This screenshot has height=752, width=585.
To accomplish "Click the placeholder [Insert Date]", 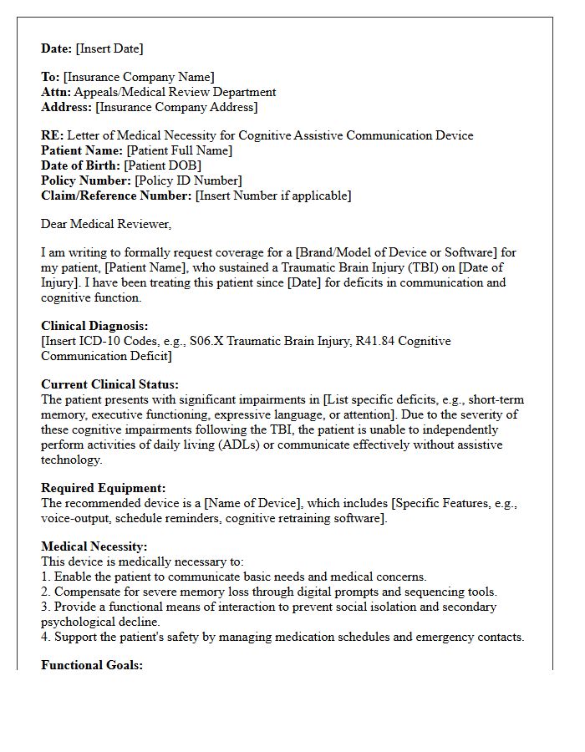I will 108,48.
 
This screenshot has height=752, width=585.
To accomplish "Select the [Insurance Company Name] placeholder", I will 139,78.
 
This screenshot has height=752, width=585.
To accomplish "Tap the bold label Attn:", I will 56,93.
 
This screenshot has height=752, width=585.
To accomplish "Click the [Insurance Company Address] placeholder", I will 176,108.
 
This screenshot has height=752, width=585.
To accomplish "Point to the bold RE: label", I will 52,135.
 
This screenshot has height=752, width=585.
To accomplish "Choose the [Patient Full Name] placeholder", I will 179,150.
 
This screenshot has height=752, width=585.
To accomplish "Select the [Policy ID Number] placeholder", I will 188,180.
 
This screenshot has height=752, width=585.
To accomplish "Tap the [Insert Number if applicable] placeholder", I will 273,196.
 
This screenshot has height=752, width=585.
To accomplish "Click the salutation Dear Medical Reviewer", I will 106,224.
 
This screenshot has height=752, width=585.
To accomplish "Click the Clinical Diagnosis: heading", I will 94,326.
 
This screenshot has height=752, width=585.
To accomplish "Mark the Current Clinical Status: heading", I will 109,384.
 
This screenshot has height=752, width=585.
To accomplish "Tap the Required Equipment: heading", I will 104,488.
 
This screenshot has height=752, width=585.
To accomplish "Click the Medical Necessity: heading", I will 94,546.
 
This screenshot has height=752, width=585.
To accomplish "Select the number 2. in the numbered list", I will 46,592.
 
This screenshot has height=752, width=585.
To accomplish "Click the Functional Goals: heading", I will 92,665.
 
